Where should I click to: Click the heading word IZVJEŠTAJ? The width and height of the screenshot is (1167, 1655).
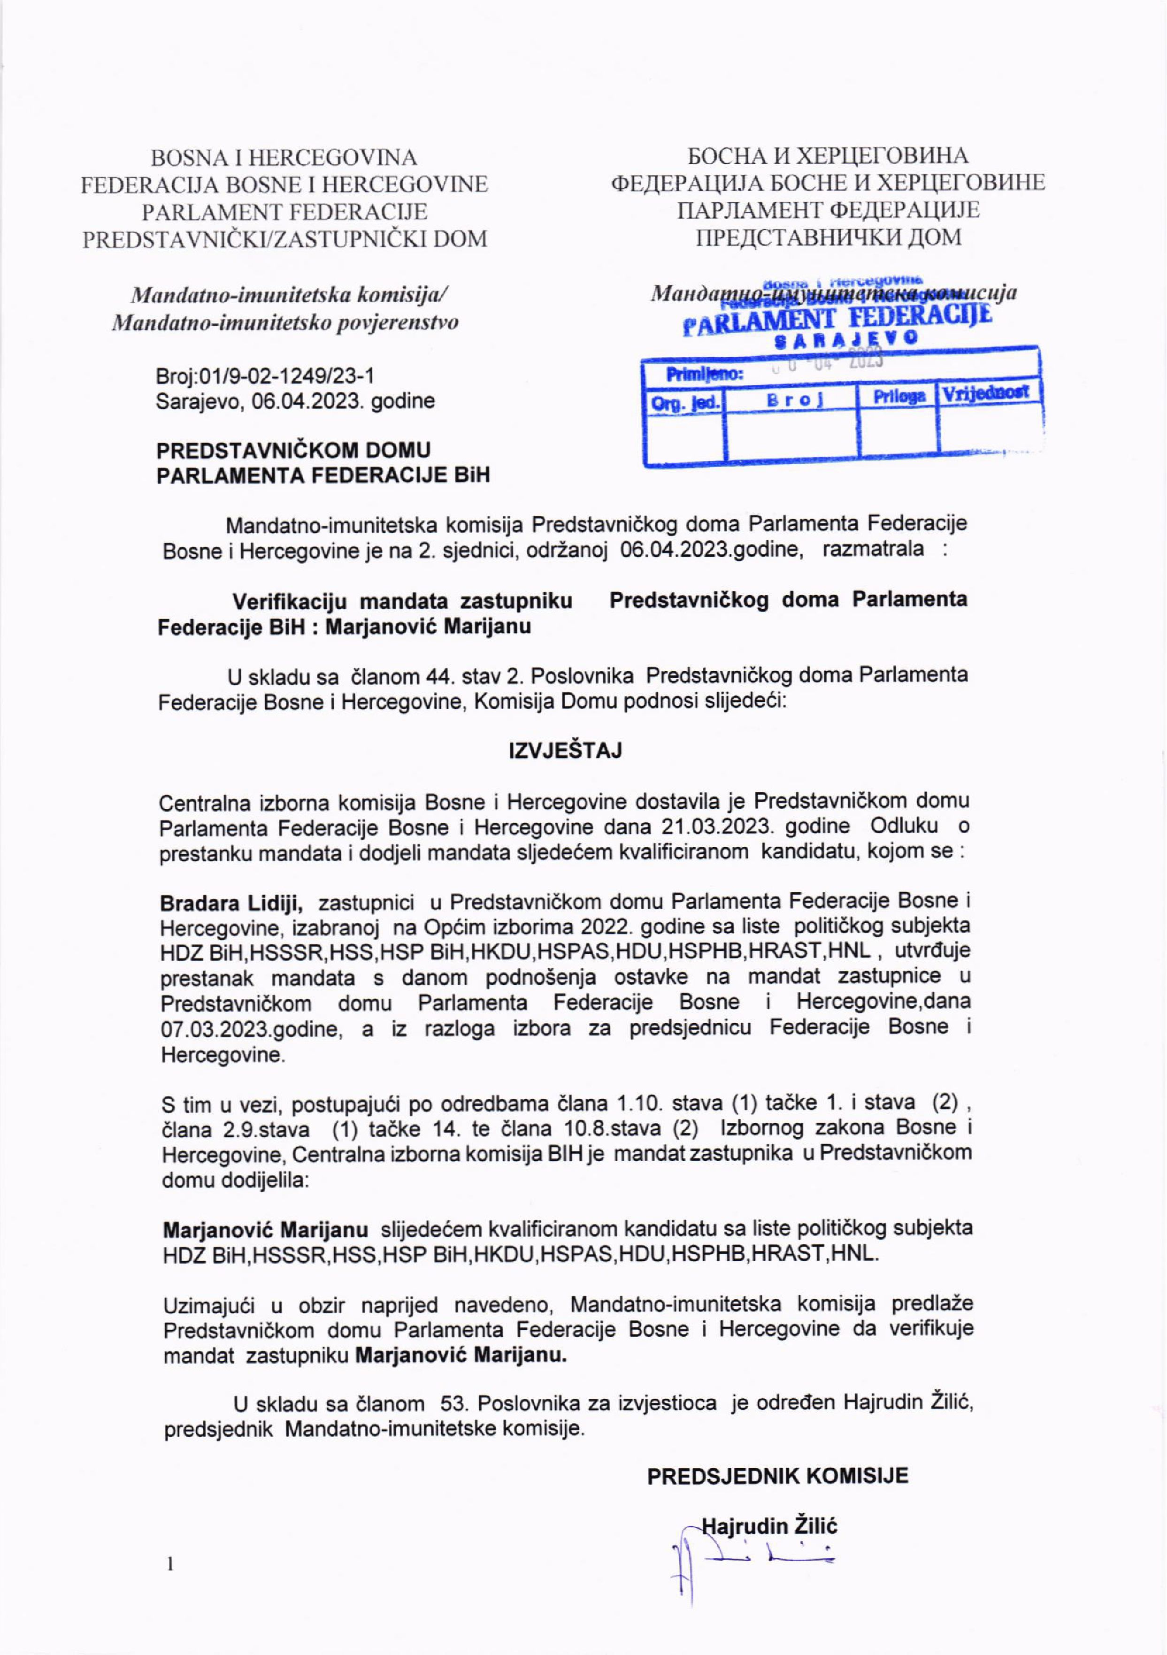pyautogui.click(x=565, y=751)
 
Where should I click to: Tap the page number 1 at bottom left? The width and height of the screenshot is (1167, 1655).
pyautogui.click(x=170, y=1563)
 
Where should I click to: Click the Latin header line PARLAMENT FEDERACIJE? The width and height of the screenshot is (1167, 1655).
pyautogui.click(x=285, y=212)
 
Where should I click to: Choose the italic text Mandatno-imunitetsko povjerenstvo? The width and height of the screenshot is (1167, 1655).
pyautogui.click(x=285, y=322)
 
